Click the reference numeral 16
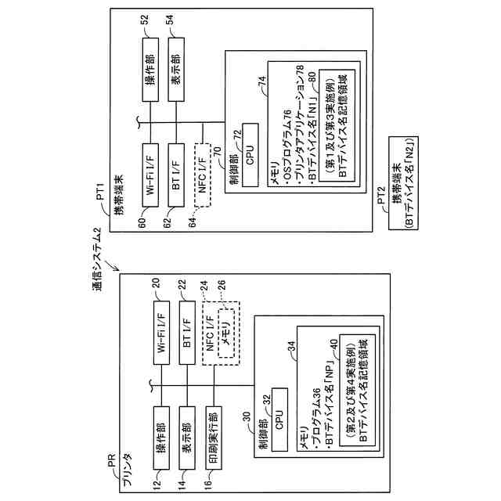click(214, 485)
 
